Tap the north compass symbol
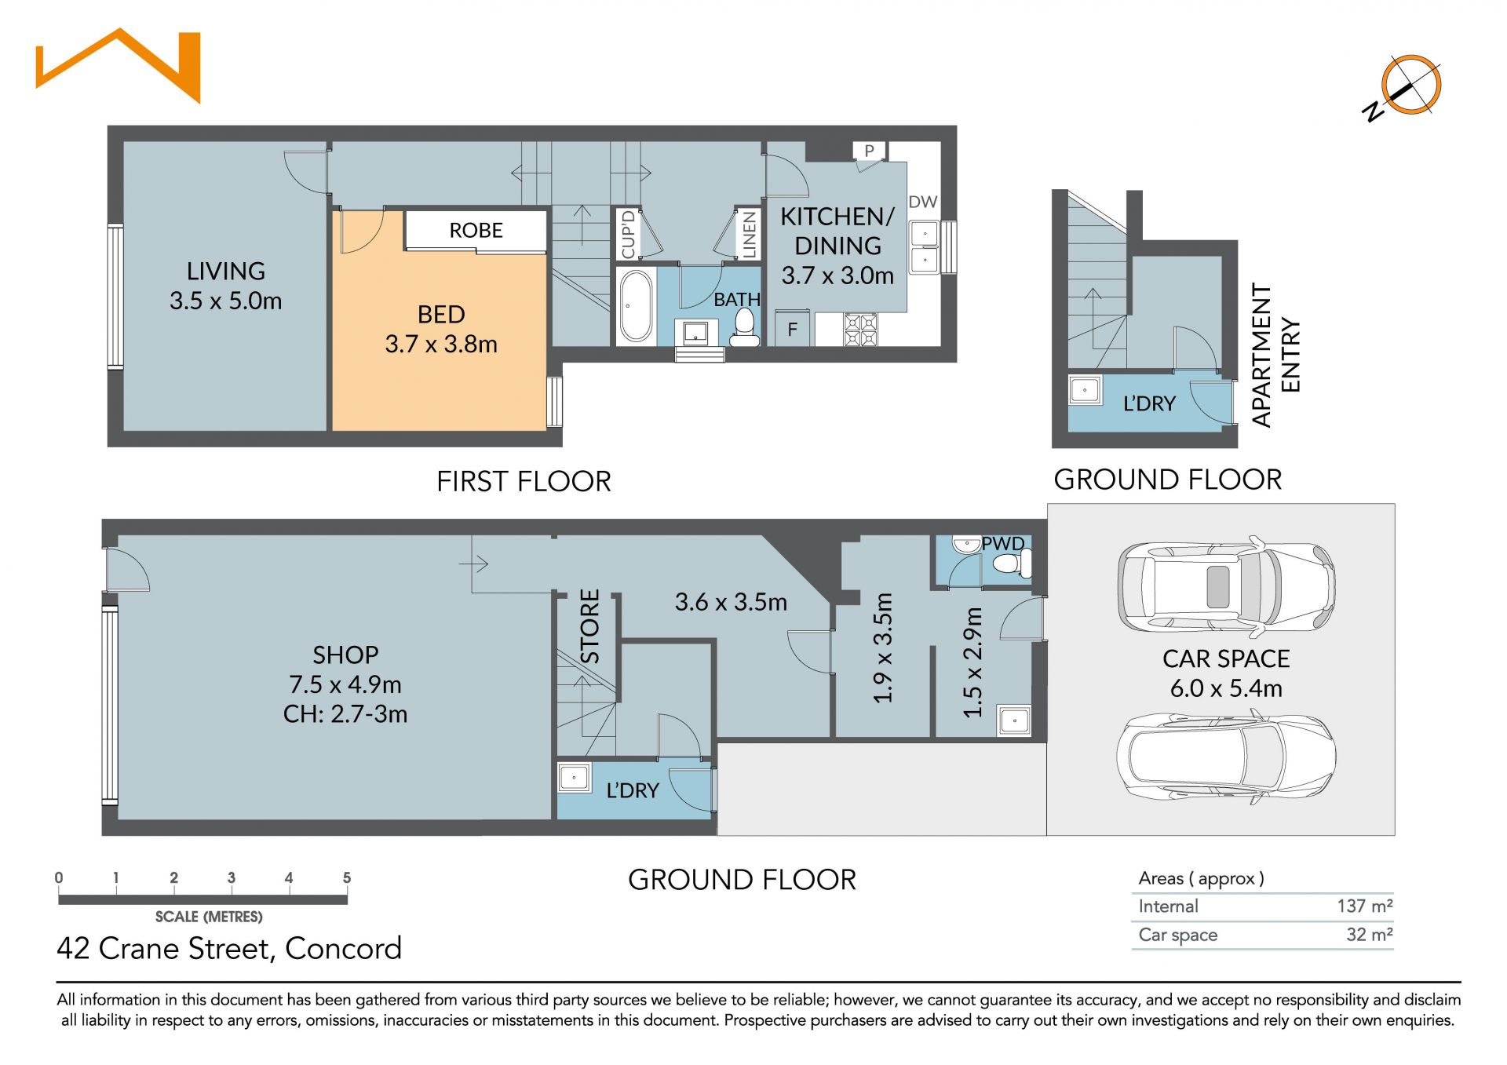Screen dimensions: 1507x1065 pos(1405,87)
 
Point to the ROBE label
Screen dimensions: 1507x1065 pos(476,231)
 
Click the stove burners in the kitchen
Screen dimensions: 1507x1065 pos(861,330)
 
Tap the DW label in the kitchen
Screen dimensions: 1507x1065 pos(923,202)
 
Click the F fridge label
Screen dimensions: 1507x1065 pos(793,330)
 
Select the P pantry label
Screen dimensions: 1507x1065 pos(870,151)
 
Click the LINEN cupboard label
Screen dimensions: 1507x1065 pos(750,233)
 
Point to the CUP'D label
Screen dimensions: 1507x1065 pos(628,234)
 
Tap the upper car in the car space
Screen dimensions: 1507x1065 pos(1226,586)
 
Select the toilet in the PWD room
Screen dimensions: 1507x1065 pos(1012,563)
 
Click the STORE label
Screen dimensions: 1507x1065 pos(589,626)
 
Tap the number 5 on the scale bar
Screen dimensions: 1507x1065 pos(347,878)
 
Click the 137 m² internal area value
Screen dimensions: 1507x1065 pos(1365,906)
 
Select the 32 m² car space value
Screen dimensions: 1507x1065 pos(1370,934)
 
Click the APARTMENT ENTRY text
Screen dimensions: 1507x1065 pos(1275,355)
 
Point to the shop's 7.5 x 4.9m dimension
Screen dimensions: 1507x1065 pos(345,684)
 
